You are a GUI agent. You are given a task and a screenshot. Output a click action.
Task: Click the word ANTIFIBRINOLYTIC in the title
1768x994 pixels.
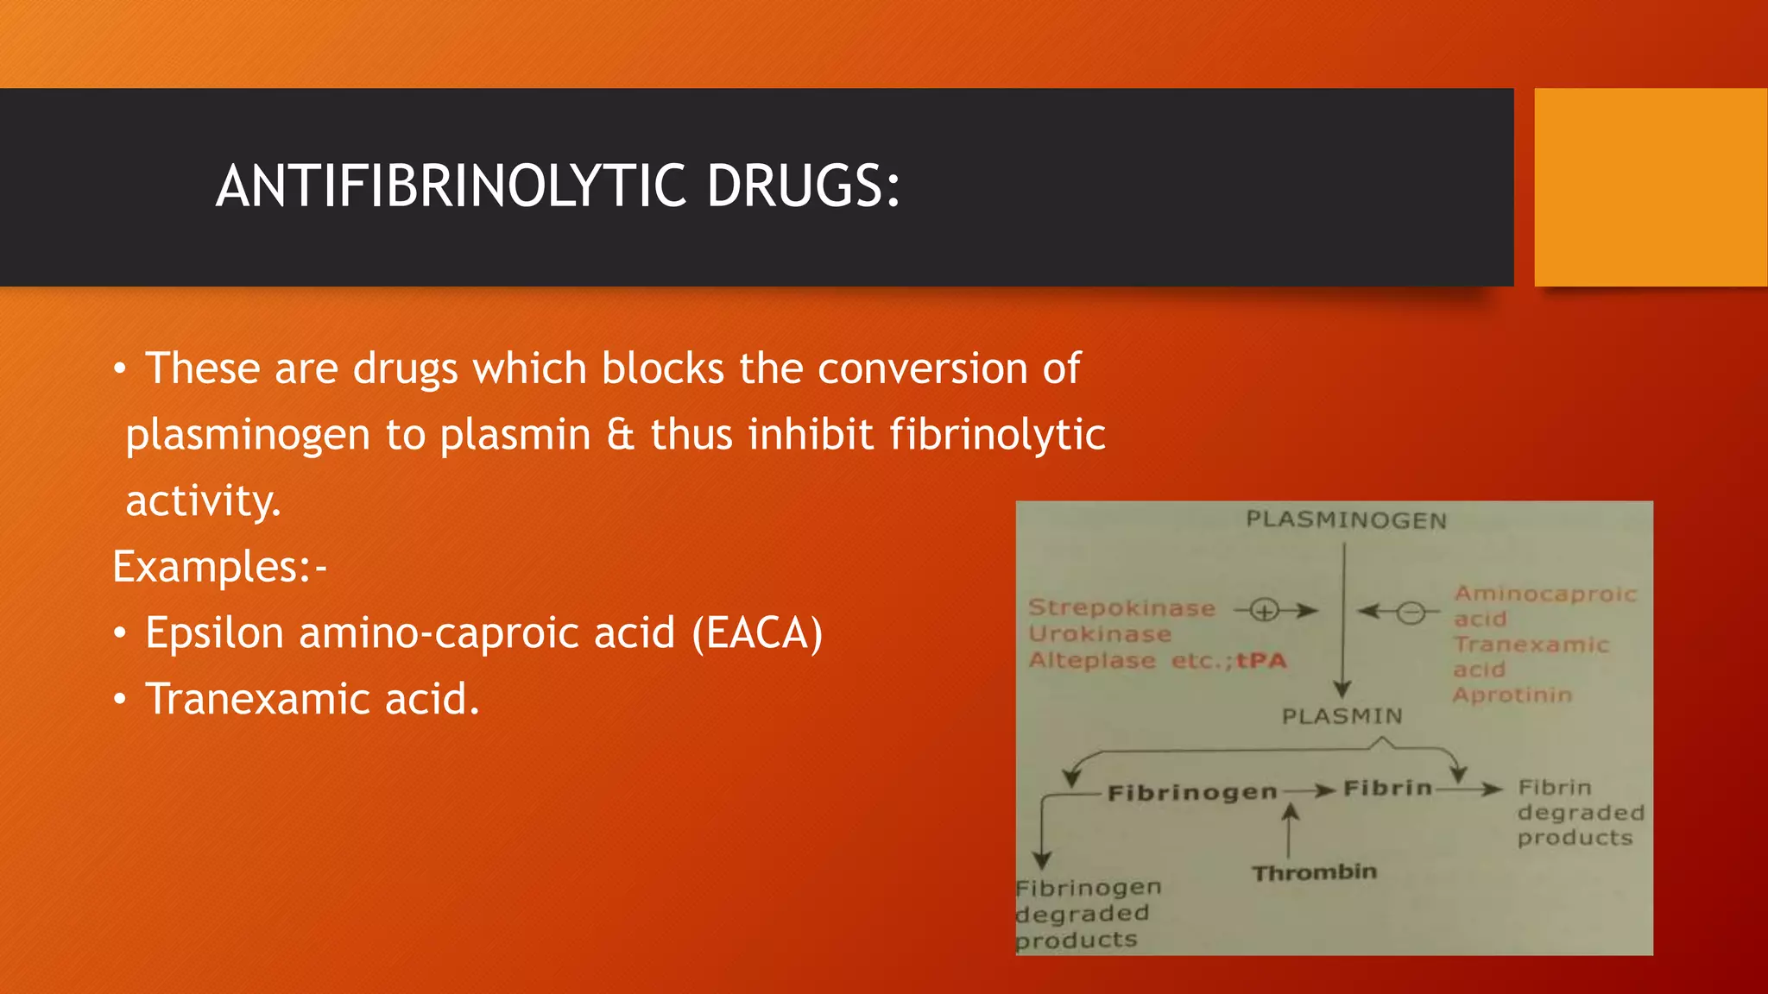coord(451,186)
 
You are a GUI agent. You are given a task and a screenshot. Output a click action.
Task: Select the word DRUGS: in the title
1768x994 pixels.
coord(803,186)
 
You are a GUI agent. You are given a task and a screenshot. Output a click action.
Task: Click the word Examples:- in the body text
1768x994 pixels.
coord(219,567)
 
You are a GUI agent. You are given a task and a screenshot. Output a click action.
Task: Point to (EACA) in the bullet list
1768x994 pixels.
coord(757,633)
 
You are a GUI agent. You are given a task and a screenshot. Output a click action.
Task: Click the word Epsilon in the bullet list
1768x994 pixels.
coord(215,633)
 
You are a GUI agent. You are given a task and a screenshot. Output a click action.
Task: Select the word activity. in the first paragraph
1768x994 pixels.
coord(204,501)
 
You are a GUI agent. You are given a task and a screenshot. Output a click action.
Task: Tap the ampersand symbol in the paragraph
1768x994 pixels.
coord(620,434)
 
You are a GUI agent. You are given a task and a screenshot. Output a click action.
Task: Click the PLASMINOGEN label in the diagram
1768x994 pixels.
coord(1346,520)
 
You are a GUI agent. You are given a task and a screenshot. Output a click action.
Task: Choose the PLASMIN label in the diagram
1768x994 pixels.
coord(1342,716)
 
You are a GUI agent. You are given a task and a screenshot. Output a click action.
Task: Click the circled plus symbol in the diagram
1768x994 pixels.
coord(1265,612)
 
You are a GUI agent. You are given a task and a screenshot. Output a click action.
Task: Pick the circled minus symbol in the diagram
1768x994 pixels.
coord(1411,613)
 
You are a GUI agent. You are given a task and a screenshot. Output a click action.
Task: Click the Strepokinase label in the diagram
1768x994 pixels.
coord(1121,608)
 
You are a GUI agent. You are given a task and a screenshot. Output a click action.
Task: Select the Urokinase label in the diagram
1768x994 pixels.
coord(1100,634)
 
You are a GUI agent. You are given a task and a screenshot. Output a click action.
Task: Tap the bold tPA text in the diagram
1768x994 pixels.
coord(1261,661)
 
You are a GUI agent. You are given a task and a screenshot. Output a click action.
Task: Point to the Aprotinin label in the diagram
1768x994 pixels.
coord(1512,695)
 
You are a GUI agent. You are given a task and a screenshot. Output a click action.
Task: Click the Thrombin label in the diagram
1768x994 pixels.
coord(1314,873)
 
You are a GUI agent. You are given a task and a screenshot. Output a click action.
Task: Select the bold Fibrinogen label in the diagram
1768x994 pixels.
coord(1192,792)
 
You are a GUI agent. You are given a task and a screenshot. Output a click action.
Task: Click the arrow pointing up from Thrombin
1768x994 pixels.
coord(1290,829)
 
